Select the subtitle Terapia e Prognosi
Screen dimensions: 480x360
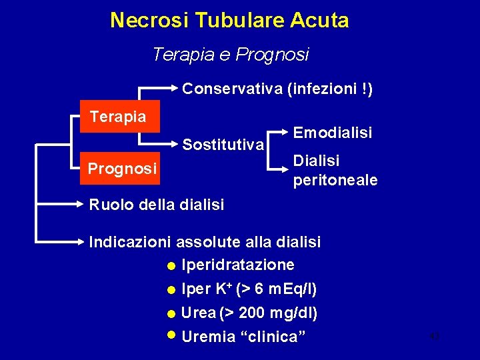point(231,54)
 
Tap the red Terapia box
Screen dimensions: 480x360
point(118,117)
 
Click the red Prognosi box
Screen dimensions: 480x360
point(123,169)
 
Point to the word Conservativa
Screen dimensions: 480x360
point(232,88)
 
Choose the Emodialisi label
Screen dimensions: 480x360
point(332,133)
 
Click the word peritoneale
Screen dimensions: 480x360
point(335,180)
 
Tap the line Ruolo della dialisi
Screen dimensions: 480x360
point(157,204)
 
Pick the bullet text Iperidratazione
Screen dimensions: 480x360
point(237,265)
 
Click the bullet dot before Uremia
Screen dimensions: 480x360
point(172,335)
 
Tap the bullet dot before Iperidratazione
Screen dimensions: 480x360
point(172,266)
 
